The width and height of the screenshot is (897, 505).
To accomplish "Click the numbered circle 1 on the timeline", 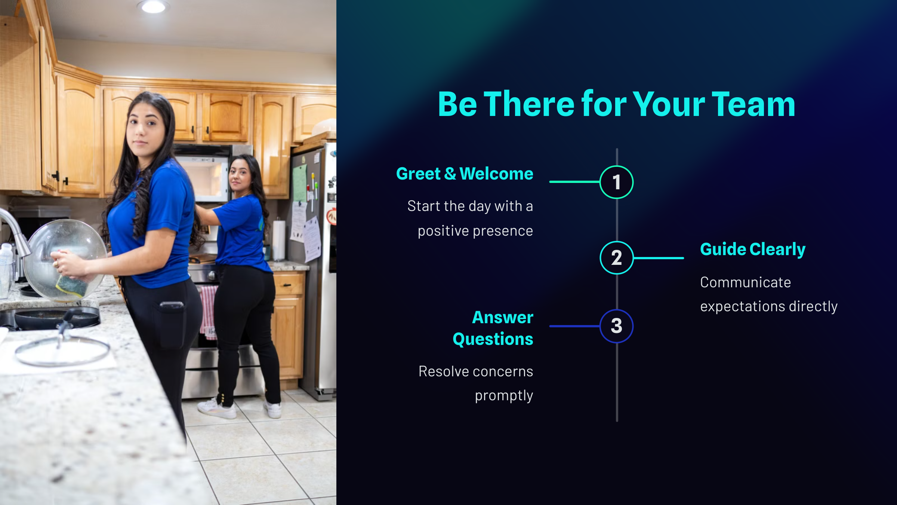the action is [x=616, y=182].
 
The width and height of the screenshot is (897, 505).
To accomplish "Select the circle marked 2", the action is [x=616, y=258].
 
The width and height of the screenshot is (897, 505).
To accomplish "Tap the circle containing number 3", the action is [x=616, y=326].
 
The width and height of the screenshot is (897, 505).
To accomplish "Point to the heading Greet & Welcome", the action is [x=465, y=174].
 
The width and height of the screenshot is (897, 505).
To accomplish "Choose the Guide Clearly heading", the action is [x=753, y=250].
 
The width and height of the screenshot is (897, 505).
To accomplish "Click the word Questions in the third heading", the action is [x=493, y=339].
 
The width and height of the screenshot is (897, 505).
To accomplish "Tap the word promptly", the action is [x=504, y=396].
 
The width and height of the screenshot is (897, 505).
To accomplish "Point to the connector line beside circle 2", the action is [x=659, y=258].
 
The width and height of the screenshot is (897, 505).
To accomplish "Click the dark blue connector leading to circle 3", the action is [x=574, y=326].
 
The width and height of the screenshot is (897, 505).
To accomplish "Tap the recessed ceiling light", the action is [x=153, y=6].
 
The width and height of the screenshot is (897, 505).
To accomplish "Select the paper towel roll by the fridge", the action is [x=278, y=240].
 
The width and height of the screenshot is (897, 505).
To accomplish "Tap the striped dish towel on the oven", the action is [x=209, y=311].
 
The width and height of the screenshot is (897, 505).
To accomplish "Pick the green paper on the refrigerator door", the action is [x=300, y=184].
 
